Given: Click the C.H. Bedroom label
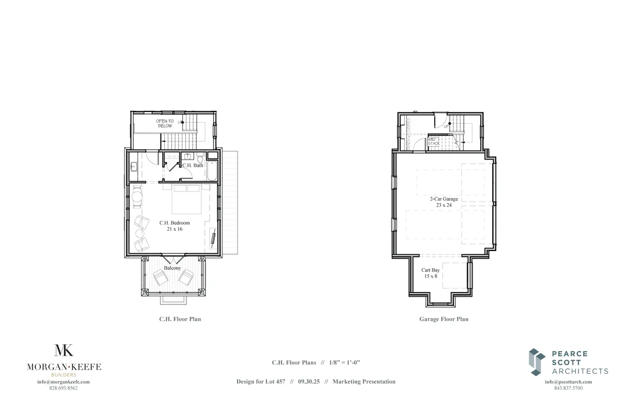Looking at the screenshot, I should point(174,223).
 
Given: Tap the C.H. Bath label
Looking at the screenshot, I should point(193,165).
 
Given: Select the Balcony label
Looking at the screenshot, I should point(172,268).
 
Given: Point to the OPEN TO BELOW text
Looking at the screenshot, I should point(165,123).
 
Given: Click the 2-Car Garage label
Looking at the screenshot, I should point(444,199).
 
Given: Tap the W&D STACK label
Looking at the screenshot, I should point(433,141).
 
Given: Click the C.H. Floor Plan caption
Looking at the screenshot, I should point(180,319).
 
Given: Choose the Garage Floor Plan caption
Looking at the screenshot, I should point(444,319).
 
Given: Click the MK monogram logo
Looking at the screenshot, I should point(64,350).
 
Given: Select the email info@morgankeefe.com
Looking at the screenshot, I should point(64,382).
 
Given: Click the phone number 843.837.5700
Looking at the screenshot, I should point(568,388).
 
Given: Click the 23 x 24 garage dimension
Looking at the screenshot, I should point(444,205).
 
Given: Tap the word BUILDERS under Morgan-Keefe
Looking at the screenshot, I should point(64,375).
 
